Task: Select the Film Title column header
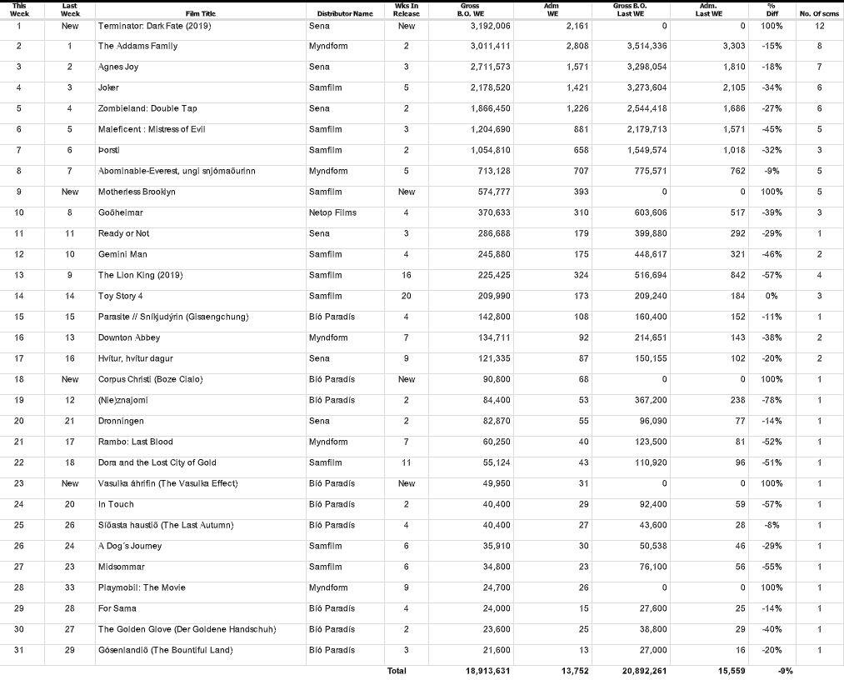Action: [200, 13]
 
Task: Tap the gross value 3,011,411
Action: [489, 46]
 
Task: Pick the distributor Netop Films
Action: [332, 212]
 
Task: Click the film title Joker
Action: [108, 87]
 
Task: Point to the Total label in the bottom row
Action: [397, 670]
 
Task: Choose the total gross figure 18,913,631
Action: [488, 670]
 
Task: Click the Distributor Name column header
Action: [345, 13]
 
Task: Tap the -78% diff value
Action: [771, 400]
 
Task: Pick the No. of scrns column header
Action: [819, 13]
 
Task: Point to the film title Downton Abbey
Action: [129, 337]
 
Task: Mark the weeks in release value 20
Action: [407, 296]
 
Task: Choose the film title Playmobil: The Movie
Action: [142, 587]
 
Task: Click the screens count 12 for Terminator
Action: [820, 26]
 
